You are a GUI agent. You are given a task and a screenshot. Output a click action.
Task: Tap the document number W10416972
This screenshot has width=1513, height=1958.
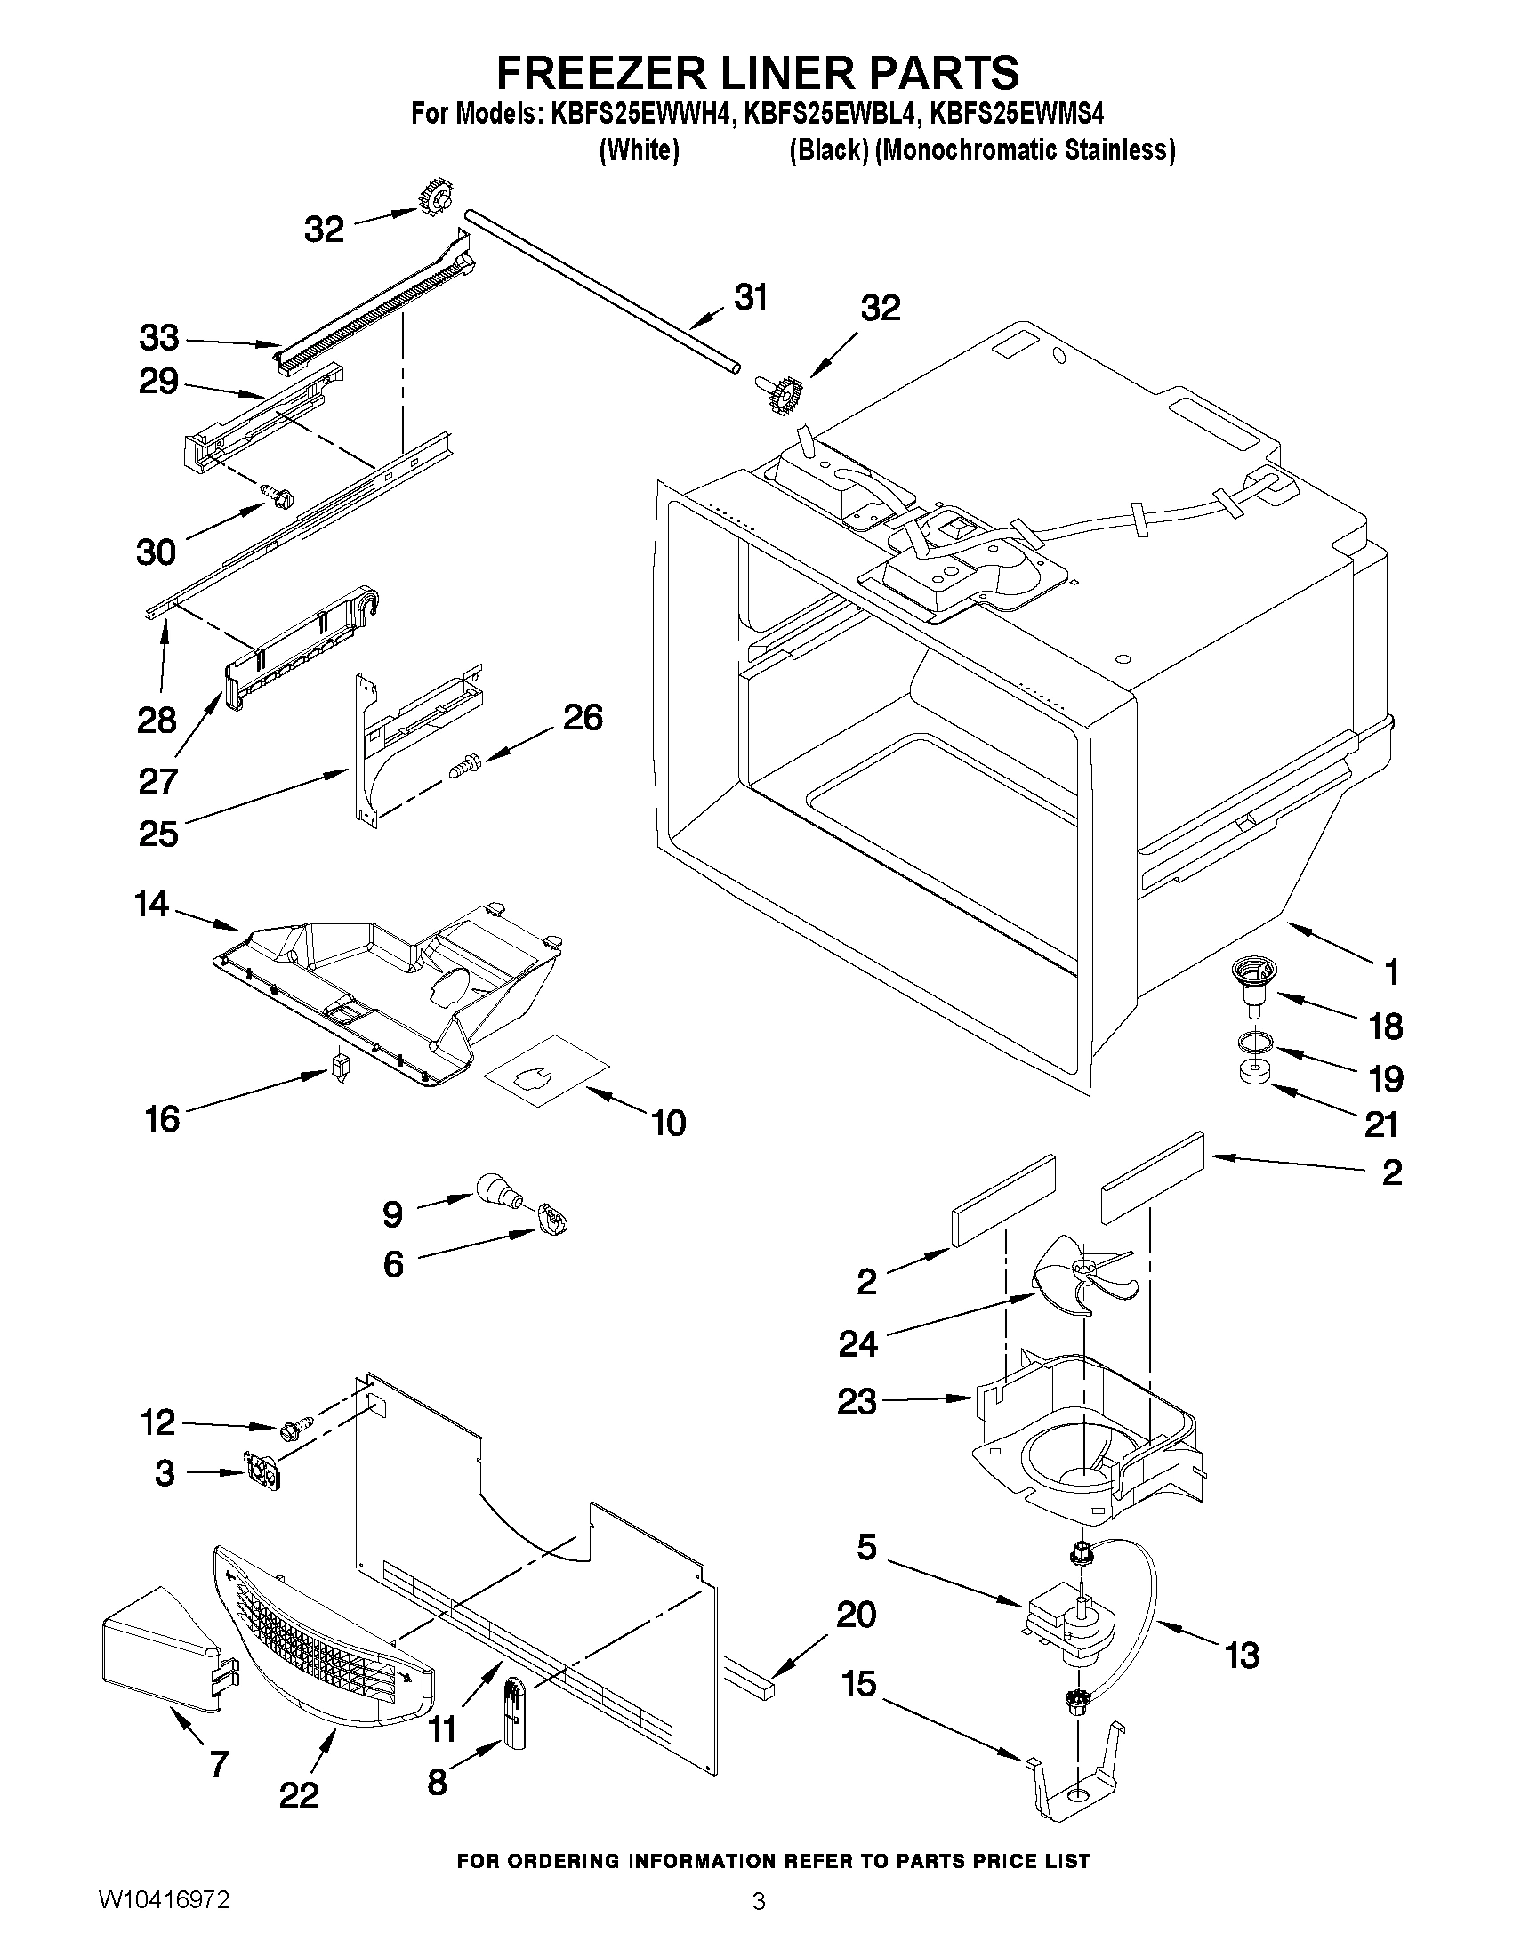pos(164,1925)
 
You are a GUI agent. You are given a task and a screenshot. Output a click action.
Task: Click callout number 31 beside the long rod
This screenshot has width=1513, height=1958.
pos(750,299)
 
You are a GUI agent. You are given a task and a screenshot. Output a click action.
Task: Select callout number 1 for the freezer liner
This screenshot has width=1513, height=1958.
pos(1391,971)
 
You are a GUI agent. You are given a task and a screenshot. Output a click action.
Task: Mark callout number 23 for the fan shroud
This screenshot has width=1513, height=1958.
pos(856,1401)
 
